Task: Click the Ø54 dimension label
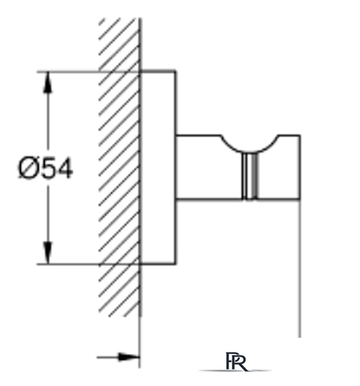(46, 169)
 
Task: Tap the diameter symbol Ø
(28, 169)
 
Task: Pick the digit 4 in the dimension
(65, 169)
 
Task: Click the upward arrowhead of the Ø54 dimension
(48, 83)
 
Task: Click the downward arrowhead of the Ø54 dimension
(48, 253)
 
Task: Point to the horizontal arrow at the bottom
(119, 357)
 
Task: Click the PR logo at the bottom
(236, 361)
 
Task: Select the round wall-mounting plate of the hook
(158, 168)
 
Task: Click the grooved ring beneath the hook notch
(250, 176)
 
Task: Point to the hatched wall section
(119, 168)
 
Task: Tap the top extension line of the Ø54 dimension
(88, 72)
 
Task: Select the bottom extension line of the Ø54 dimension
(88, 264)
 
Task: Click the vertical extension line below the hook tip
(300, 268)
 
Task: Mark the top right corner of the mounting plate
(175, 71)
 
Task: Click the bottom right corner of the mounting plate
(175, 264)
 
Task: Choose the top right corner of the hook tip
(300, 135)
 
